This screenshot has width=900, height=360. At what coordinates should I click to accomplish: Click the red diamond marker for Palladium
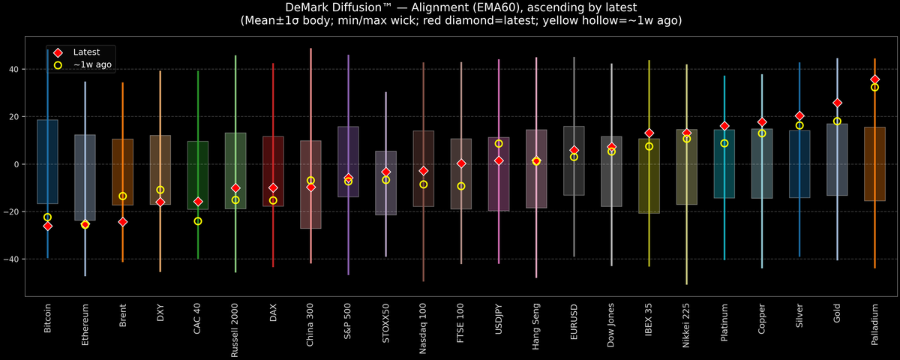[874, 79]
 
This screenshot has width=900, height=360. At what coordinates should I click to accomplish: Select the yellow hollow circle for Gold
[837, 121]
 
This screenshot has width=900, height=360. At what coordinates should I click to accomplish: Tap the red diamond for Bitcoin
[47, 226]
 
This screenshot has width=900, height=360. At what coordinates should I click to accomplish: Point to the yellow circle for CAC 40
[198, 221]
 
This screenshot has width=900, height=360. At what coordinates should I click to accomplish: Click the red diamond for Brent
[123, 222]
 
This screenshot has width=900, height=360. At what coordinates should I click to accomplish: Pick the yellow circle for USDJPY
[499, 144]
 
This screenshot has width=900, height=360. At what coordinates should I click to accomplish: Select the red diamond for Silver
[799, 116]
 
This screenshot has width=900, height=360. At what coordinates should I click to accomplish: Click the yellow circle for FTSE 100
[461, 186]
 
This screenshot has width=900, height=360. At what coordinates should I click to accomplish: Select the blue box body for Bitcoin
[47, 161]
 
